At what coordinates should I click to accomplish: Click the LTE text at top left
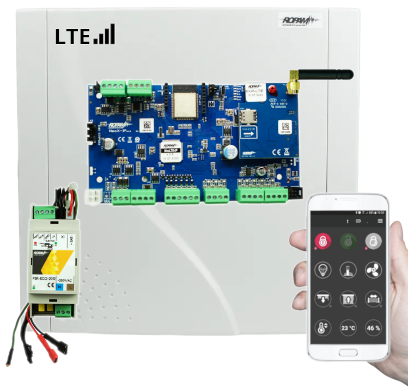tap(72, 36)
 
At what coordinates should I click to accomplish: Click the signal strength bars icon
tap(105, 34)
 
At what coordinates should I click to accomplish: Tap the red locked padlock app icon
tap(322, 241)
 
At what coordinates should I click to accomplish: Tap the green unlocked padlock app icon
tap(348, 241)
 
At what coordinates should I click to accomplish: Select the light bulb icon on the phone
tap(322, 269)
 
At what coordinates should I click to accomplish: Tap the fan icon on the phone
tap(373, 269)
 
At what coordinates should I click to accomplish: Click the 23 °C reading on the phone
tap(348, 328)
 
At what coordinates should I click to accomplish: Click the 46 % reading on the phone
tap(373, 328)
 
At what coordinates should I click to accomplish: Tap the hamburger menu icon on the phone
tap(380, 221)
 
